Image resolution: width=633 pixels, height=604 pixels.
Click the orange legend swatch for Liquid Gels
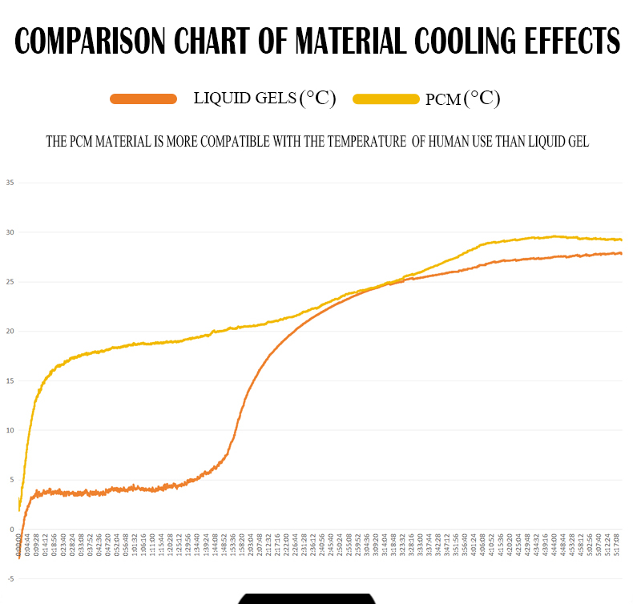143,99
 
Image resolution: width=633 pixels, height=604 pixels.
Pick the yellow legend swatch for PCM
386,99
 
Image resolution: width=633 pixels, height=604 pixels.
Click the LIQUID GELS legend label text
244,99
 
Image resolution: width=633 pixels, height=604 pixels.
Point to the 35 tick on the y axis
10,183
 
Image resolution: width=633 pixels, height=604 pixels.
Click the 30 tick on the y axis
10,232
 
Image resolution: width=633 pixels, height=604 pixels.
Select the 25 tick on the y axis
10,282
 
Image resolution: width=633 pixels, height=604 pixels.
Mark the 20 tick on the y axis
10,332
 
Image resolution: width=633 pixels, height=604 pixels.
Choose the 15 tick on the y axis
10,381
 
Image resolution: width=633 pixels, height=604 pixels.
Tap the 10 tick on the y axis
10,430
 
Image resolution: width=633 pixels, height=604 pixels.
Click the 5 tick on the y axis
11,480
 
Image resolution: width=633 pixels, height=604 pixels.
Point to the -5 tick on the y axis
10,578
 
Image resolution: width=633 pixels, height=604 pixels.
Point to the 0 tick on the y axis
11,530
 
